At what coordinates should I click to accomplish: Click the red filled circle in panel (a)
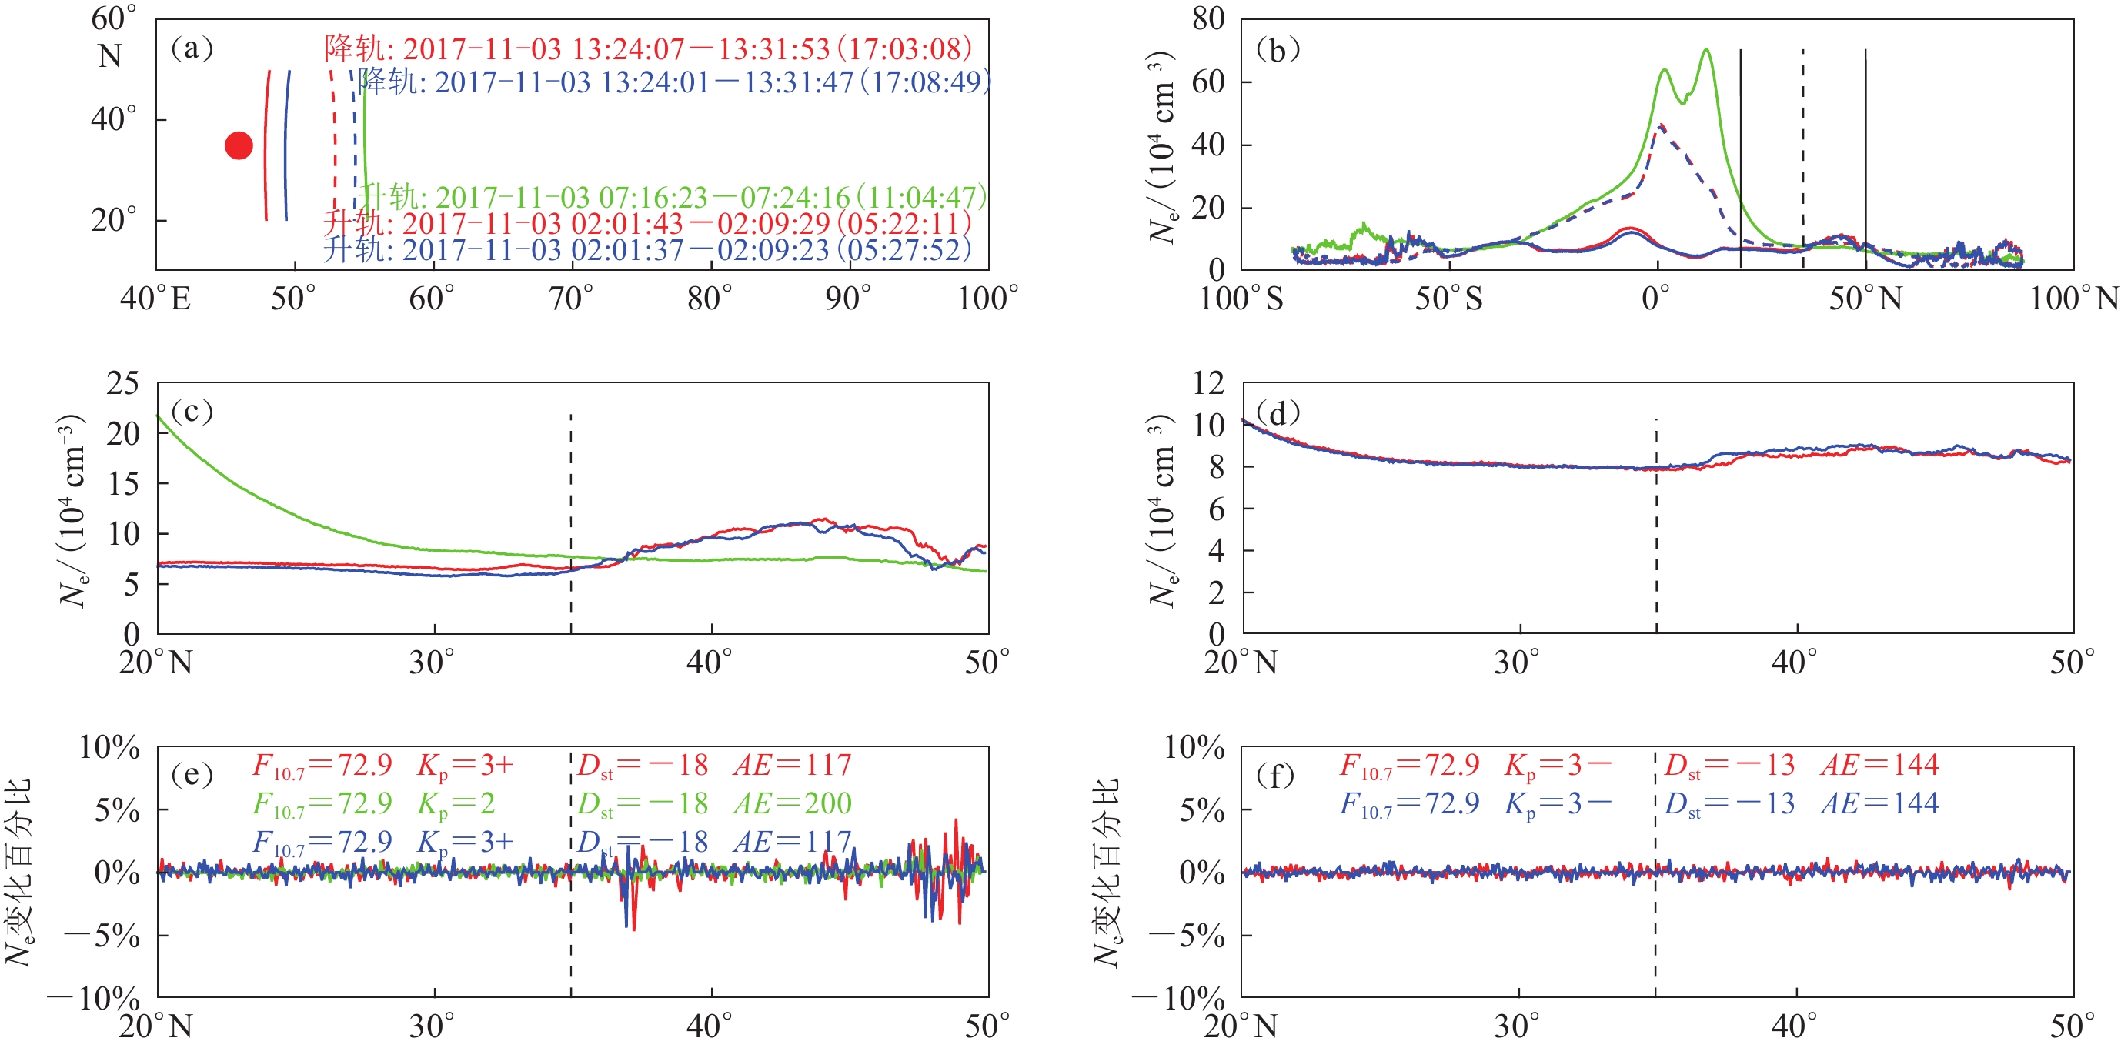pyautogui.click(x=239, y=145)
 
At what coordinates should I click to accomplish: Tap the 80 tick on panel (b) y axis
pyautogui.click(x=1208, y=18)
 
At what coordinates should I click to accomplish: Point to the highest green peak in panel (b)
pyautogui.click(x=1706, y=50)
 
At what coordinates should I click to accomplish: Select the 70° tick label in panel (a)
pyautogui.click(x=570, y=298)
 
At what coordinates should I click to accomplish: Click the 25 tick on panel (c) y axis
pyautogui.click(x=122, y=383)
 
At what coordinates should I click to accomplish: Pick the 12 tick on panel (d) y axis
pyautogui.click(x=1208, y=383)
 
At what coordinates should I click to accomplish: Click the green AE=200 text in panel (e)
pyautogui.click(x=792, y=803)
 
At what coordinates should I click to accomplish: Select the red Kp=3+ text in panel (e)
pyautogui.click(x=465, y=766)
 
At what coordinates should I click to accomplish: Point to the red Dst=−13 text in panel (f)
pyautogui.click(x=1729, y=766)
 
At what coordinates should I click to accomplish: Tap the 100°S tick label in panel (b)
pyautogui.click(x=1241, y=298)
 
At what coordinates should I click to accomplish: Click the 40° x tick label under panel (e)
pyautogui.click(x=710, y=1026)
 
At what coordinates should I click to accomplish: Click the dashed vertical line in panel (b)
pyautogui.click(x=1803, y=156)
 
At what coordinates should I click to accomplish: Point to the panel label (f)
pyautogui.click(x=1276, y=775)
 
